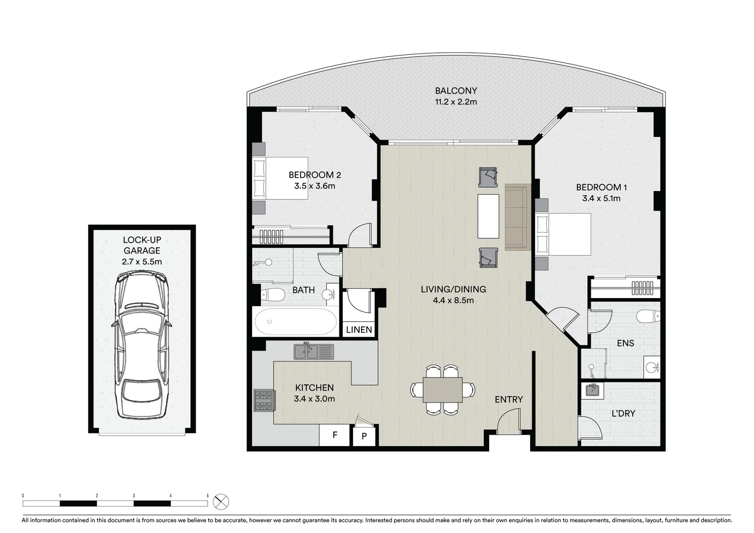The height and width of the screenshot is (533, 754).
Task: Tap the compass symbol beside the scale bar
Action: [x=221, y=502]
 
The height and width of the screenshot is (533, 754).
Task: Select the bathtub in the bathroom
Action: [x=295, y=322]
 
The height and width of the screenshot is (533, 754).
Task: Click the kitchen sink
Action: [x=314, y=351]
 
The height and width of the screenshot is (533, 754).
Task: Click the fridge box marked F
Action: [x=335, y=435]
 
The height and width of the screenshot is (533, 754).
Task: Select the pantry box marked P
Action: [x=364, y=436]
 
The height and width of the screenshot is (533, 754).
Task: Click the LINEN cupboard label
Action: [x=359, y=330]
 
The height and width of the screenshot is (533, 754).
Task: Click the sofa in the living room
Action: [x=517, y=217]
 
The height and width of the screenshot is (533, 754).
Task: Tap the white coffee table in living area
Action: [x=489, y=216]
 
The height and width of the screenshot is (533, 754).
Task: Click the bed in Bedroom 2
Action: [x=280, y=178]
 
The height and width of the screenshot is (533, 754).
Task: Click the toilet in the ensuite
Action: [x=648, y=315]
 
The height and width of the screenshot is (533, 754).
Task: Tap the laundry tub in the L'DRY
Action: [x=592, y=390]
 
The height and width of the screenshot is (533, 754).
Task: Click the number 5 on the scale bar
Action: [x=208, y=495]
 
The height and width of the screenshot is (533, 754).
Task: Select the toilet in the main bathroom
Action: [x=272, y=296]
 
